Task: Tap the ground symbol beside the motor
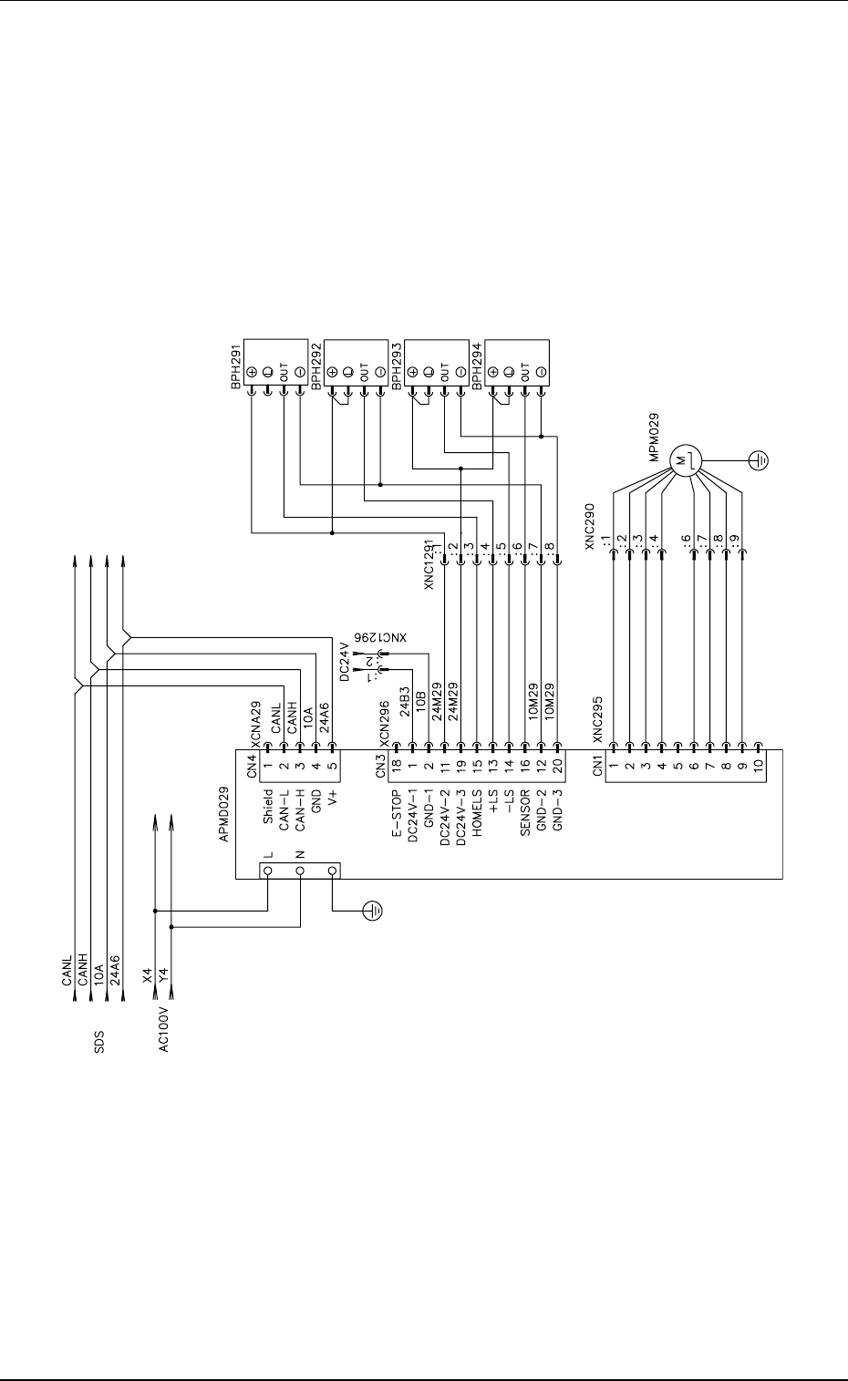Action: [x=759, y=460]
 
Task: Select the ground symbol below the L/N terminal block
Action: [x=372, y=910]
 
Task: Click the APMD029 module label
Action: [x=224, y=814]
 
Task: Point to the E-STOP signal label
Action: [x=397, y=814]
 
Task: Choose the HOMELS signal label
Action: [x=477, y=813]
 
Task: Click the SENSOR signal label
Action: [x=525, y=813]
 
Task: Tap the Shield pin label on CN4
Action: [x=268, y=807]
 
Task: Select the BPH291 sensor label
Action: [x=236, y=366]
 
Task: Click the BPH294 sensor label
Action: [x=478, y=366]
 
